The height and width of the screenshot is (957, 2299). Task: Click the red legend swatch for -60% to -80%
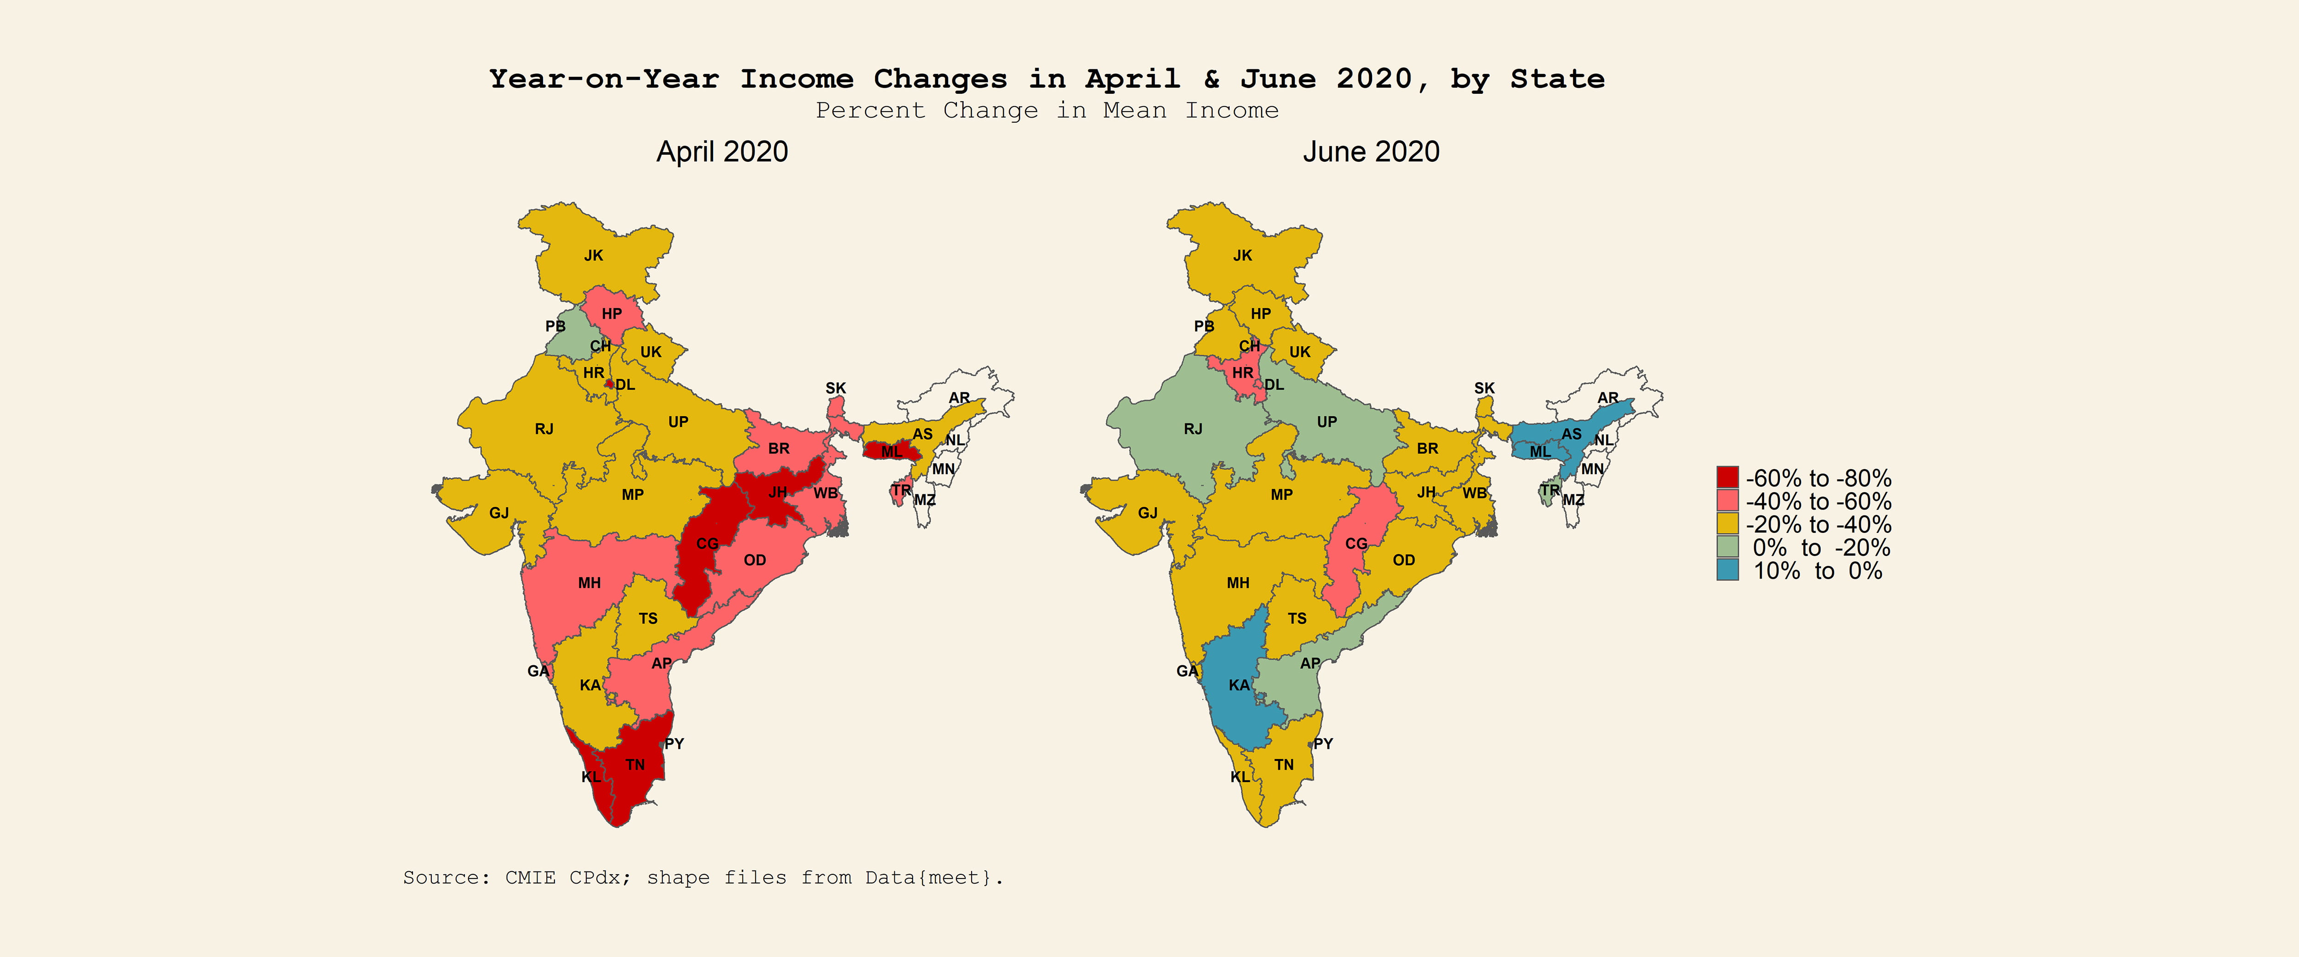click(1727, 477)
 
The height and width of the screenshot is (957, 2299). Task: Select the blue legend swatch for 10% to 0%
click(1727, 570)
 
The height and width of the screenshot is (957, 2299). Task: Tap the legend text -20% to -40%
click(1818, 524)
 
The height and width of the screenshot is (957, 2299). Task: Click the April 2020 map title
click(722, 152)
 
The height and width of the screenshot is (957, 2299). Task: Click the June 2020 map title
click(1371, 152)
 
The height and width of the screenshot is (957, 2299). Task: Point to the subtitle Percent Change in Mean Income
click(1047, 111)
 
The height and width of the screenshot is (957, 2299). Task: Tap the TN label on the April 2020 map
click(635, 764)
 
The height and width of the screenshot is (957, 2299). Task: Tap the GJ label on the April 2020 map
click(499, 513)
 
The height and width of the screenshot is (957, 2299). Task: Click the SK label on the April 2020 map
click(835, 388)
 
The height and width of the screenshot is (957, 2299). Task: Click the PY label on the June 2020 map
click(1323, 744)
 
